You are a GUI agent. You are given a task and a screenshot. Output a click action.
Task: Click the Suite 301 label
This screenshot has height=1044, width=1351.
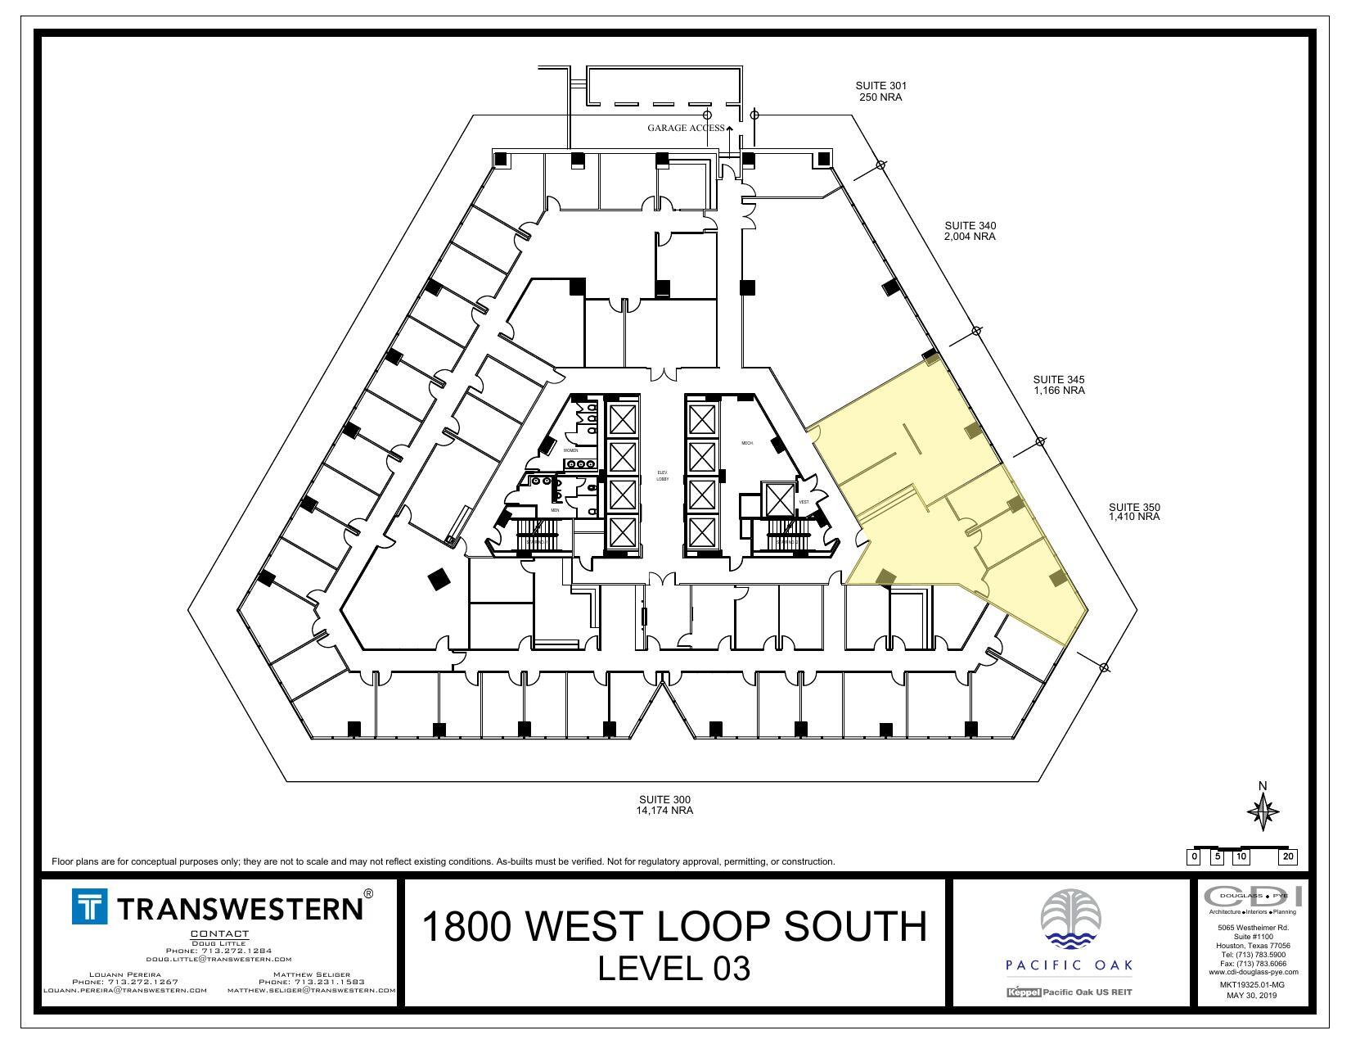point(880,91)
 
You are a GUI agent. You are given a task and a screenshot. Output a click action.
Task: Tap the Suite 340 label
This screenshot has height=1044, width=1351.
point(970,231)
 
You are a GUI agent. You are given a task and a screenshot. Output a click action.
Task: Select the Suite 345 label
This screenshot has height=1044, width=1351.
point(1058,385)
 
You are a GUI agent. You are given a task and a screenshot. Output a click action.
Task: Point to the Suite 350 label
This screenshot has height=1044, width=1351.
point(1134,512)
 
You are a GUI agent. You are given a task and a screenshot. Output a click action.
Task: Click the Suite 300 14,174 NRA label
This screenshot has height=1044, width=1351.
point(664,805)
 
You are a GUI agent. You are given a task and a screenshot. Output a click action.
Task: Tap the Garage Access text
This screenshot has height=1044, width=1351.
point(686,128)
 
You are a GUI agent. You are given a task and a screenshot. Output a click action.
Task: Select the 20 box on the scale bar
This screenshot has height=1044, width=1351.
point(1288,857)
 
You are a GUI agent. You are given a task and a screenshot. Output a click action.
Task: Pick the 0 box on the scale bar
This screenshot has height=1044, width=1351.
point(1195,857)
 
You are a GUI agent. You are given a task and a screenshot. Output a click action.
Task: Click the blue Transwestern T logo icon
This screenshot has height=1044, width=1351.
point(89,907)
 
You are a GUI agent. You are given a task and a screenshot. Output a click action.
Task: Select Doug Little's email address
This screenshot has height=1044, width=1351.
point(219,959)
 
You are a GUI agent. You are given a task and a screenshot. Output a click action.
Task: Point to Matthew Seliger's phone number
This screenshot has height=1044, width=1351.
point(311,981)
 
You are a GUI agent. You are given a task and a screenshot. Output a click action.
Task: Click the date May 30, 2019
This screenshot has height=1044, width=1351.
point(1251,996)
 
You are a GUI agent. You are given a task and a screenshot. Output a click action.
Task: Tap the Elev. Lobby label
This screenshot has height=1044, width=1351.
point(663,476)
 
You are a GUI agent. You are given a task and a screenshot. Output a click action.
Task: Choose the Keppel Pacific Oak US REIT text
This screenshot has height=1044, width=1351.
point(1069,992)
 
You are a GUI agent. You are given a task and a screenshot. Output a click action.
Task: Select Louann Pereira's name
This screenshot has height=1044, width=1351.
point(124,974)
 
